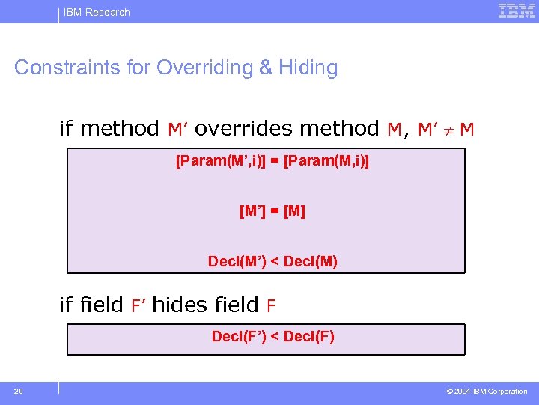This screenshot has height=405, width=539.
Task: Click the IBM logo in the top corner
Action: pos(516,11)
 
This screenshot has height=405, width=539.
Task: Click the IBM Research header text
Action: pos(97,12)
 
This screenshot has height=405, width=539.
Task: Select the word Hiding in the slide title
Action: pos(308,67)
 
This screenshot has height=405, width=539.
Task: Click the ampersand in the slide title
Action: pos(266,67)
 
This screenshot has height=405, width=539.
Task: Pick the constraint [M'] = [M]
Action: pos(272,211)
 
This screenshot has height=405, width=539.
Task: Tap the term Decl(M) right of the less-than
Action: pos(310,262)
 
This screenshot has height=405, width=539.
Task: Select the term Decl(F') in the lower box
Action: pos(240,336)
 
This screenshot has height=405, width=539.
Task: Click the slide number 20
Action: pos(18,391)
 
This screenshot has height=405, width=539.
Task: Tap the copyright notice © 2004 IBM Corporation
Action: pos(487,391)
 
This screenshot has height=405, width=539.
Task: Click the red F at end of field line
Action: pos(271,305)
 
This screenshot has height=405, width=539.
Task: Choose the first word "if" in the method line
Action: pos(67,129)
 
